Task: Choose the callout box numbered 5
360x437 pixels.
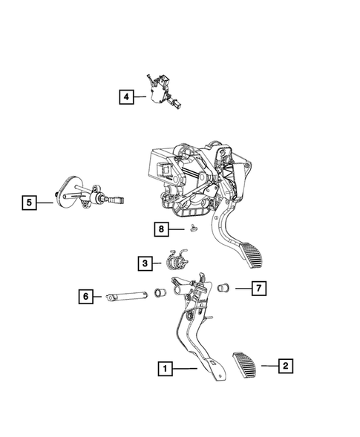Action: point(29,201)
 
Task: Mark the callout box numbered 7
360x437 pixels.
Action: point(258,287)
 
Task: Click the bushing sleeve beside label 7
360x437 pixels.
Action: point(222,286)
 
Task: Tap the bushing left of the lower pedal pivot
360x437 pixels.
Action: point(159,293)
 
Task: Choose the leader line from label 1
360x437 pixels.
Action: point(185,367)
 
